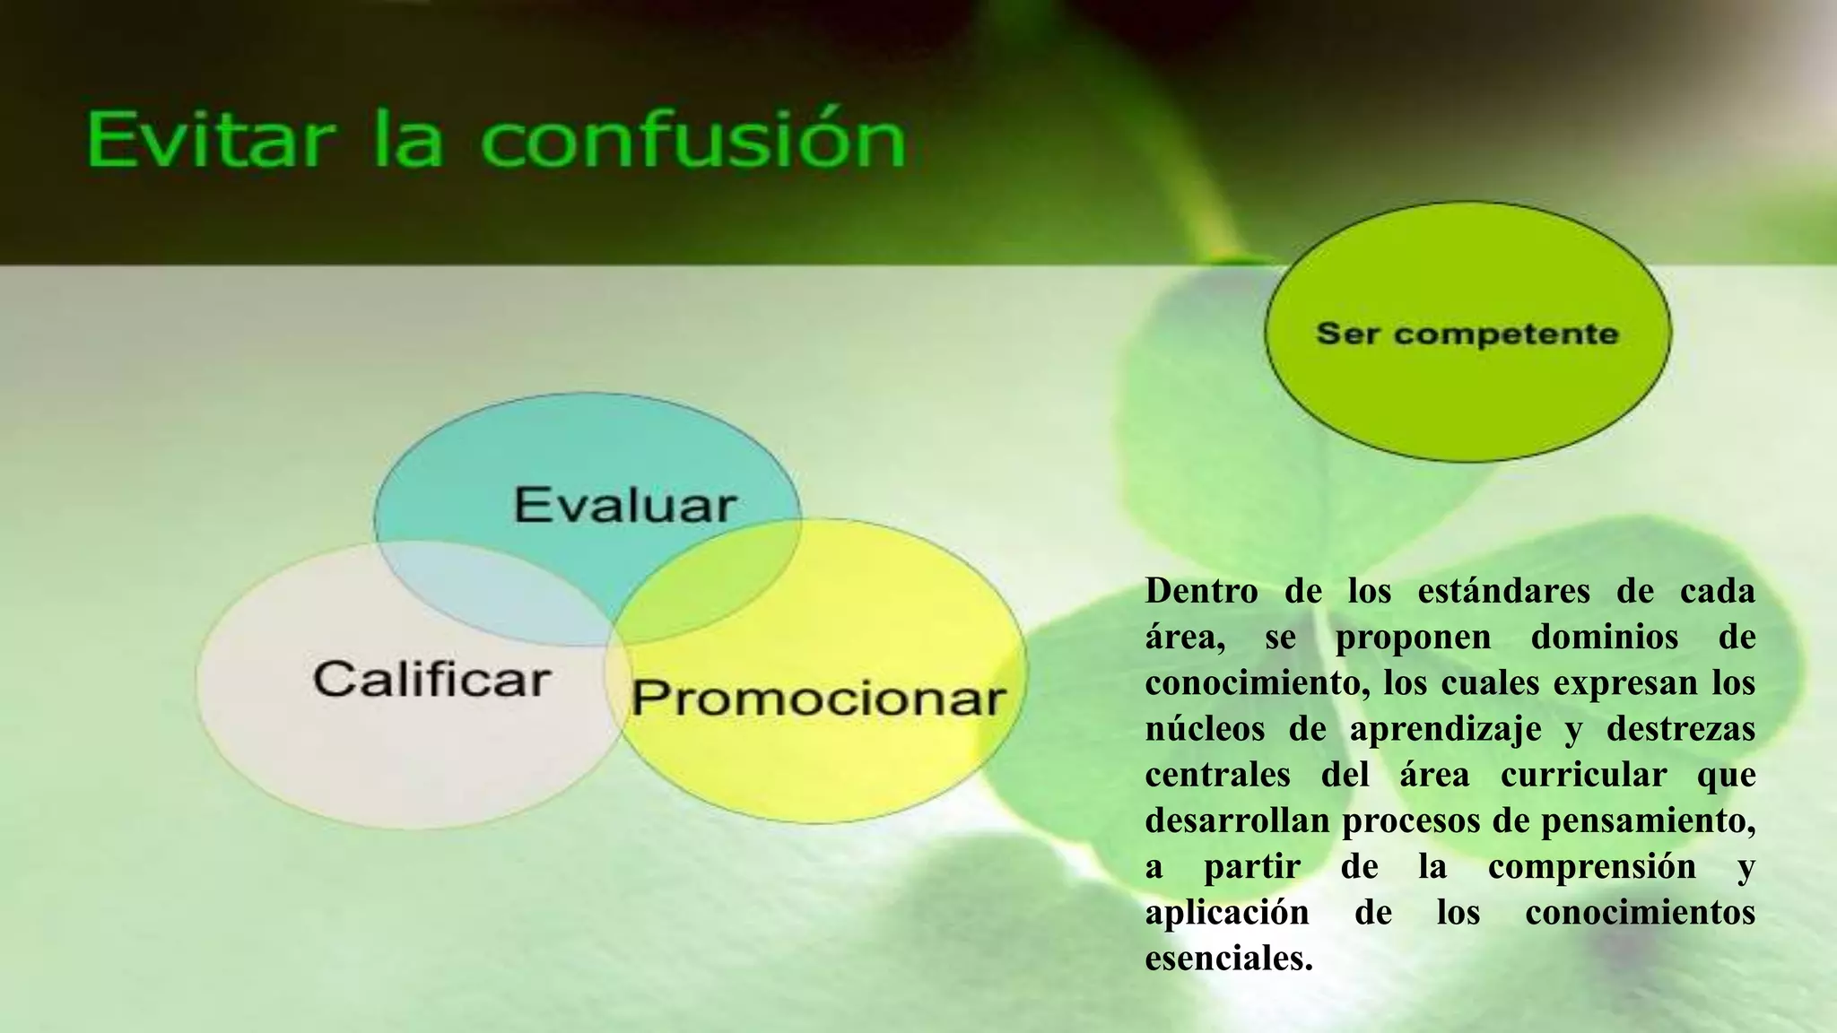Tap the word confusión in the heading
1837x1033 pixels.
click(692, 141)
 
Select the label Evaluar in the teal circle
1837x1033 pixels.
click(625, 505)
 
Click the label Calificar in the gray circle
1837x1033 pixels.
click(431, 679)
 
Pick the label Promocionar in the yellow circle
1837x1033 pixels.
click(818, 699)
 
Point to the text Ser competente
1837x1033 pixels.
click(1467, 334)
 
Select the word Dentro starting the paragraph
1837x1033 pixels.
click(1201, 591)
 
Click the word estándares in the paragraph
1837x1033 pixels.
click(1503, 591)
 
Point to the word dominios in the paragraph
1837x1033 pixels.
click(1604, 637)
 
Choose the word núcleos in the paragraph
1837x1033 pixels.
click(1204, 728)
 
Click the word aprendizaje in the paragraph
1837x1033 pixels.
click(1445, 730)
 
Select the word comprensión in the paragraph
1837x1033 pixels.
click(1591, 867)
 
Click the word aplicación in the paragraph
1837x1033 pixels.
click(1226, 913)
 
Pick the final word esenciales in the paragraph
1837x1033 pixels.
click(1228, 959)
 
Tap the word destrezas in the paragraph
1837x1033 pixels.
click(1680, 728)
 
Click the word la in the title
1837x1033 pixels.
click(408, 141)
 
